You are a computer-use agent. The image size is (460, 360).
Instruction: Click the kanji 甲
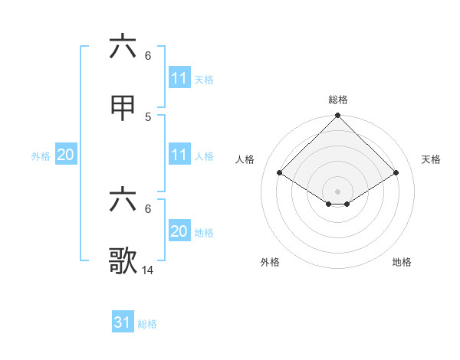(123, 110)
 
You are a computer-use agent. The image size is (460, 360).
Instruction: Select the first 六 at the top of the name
(123, 47)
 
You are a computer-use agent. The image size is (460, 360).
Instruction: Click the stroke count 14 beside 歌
(148, 270)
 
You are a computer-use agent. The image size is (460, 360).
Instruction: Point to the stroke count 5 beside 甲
(148, 117)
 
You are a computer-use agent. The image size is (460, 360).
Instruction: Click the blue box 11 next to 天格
(179, 78)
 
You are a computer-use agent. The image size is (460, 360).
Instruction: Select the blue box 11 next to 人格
(179, 155)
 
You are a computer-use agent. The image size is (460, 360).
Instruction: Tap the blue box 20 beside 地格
(179, 231)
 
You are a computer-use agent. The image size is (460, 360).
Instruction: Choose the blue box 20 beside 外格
(66, 155)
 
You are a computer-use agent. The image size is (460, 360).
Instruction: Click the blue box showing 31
(123, 322)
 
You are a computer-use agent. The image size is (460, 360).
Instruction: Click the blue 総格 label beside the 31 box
(147, 324)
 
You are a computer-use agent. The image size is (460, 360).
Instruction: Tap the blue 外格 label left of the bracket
(41, 155)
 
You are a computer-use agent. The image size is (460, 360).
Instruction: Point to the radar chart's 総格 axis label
(338, 100)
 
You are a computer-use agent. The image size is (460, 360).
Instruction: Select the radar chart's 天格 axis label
(432, 159)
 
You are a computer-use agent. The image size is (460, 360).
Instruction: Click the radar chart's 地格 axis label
(402, 262)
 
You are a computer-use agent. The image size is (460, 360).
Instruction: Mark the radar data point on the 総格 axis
(338, 116)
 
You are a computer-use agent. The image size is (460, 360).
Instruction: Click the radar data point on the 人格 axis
(280, 172)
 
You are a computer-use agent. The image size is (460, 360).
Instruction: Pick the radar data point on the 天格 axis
(396, 172)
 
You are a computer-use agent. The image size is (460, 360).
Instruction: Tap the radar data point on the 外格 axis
(329, 204)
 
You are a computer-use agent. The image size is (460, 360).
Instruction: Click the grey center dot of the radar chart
(338, 191)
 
